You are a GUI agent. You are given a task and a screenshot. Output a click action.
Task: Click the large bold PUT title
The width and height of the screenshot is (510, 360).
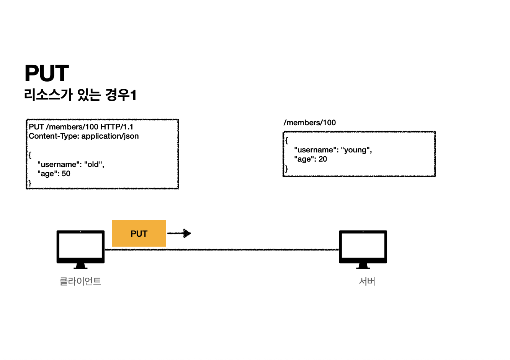pyautogui.click(x=47, y=73)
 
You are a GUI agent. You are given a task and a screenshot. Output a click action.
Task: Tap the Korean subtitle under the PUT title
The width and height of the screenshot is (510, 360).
pyautogui.click(x=80, y=95)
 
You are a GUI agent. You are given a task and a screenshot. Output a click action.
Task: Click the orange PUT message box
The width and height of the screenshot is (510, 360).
pyautogui.click(x=139, y=233)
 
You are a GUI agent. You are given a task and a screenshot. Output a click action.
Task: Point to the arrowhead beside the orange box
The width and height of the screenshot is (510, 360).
pyautogui.click(x=187, y=233)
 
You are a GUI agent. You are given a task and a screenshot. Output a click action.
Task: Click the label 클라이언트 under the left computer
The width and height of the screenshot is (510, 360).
pyautogui.click(x=80, y=281)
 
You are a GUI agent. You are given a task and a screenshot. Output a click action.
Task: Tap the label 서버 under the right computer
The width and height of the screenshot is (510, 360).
pyautogui.click(x=367, y=281)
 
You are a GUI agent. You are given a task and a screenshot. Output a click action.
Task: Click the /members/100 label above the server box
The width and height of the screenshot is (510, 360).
pyautogui.click(x=309, y=123)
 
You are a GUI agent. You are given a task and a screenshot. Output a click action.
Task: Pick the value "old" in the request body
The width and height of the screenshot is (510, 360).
pyautogui.click(x=93, y=164)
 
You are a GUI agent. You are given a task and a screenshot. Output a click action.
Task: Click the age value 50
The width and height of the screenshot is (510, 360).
pyautogui.click(x=66, y=173)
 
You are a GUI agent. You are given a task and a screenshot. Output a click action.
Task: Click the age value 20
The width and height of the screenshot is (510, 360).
pyautogui.click(x=323, y=159)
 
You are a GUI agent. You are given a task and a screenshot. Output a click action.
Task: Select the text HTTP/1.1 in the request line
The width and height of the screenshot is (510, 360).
pyautogui.click(x=117, y=127)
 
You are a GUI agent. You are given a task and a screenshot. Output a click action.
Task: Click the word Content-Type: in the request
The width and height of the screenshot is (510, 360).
pyautogui.click(x=54, y=136)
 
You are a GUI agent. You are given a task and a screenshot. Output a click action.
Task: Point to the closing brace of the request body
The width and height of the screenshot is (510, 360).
pyautogui.click(x=30, y=183)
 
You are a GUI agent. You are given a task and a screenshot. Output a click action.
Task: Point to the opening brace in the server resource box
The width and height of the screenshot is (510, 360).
pyautogui.click(x=286, y=141)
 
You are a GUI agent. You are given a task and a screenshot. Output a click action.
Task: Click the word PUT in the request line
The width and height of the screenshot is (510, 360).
pyautogui.click(x=36, y=127)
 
